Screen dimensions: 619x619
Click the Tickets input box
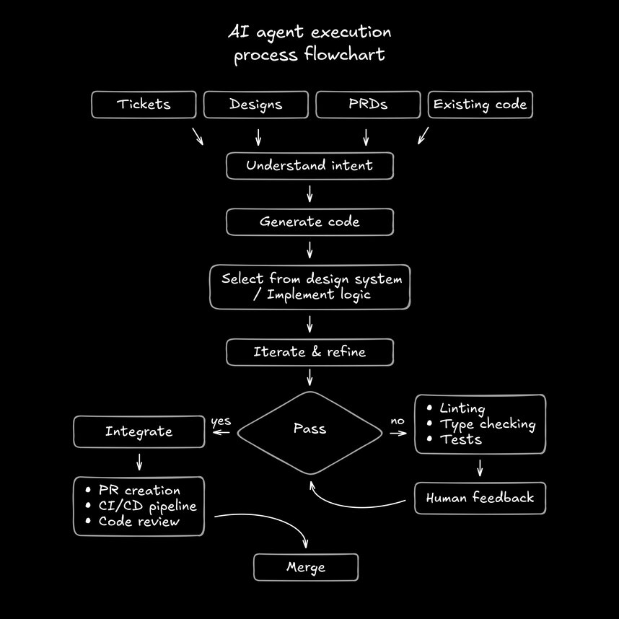(x=144, y=105)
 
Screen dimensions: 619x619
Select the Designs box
(x=256, y=105)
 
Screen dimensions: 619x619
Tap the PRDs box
(x=368, y=105)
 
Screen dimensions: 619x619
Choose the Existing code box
(x=480, y=105)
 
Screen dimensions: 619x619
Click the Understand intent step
(x=309, y=166)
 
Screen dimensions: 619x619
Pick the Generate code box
(x=309, y=222)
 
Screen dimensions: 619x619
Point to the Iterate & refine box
(x=309, y=352)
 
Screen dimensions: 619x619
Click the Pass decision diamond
(x=309, y=429)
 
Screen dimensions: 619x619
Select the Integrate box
(x=139, y=431)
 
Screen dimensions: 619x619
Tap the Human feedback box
(x=480, y=498)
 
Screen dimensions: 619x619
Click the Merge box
(x=306, y=567)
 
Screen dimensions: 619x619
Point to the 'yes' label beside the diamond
(x=221, y=421)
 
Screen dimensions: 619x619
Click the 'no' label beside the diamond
(x=398, y=421)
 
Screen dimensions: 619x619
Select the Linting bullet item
(x=462, y=409)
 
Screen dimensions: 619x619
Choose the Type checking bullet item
(x=487, y=424)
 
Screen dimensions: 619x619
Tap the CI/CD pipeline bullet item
(x=147, y=506)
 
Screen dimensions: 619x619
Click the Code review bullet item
(x=139, y=521)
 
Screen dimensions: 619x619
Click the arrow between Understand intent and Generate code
(x=309, y=193)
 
